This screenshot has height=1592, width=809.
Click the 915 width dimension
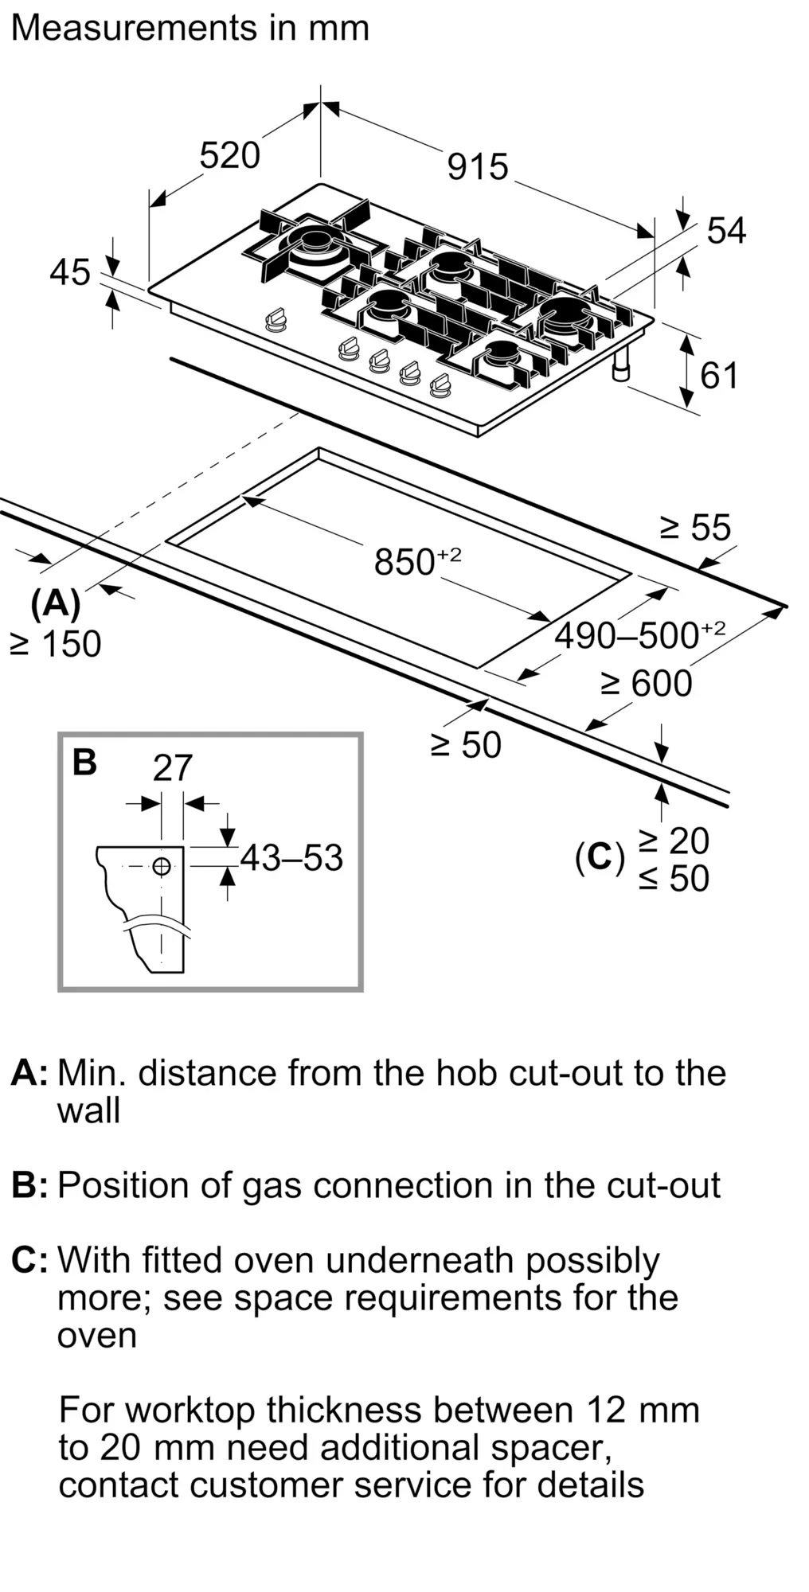(x=478, y=167)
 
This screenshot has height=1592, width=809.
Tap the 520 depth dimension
(x=229, y=155)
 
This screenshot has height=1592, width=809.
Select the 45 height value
(x=70, y=273)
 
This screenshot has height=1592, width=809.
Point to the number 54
(x=726, y=231)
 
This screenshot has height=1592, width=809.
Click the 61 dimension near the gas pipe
(x=719, y=376)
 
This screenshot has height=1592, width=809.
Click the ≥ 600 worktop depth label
(x=646, y=684)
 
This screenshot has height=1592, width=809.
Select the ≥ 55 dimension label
(x=695, y=528)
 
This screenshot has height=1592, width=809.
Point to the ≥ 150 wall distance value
(x=56, y=644)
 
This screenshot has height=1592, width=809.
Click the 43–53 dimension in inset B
(x=291, y=858)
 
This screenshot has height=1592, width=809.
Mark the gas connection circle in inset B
(x=162, y=866)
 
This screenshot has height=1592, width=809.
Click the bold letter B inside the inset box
(x=84, y=762)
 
